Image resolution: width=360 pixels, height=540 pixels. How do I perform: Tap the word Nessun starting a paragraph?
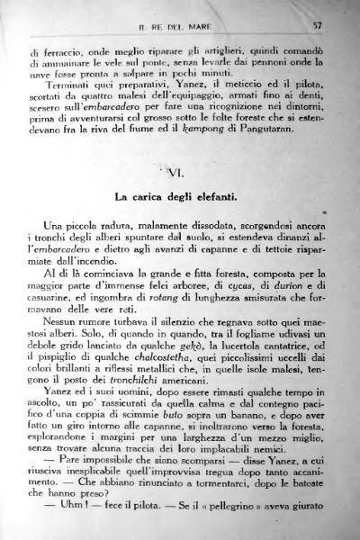[x=61, y=319]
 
